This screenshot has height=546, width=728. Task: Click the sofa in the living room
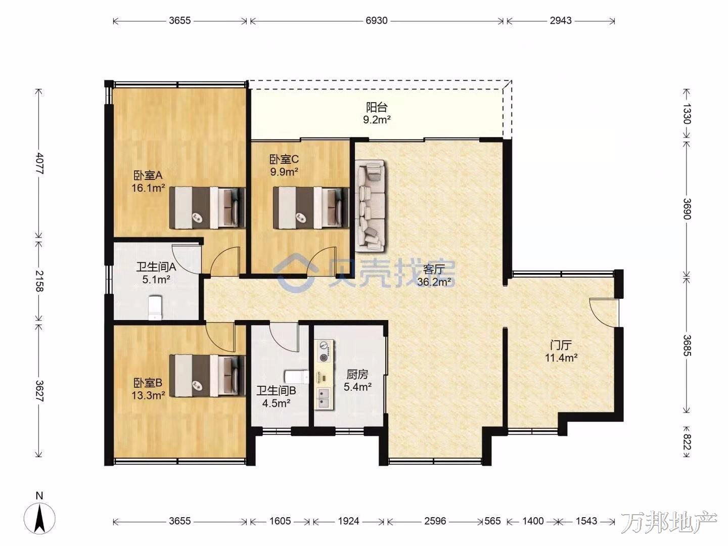(x=370, y=206)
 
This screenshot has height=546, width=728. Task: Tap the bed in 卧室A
(x=207, y=208)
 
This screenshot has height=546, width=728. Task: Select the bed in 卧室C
(x=311, y=208)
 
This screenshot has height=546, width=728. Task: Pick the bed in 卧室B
(x=207, y=375)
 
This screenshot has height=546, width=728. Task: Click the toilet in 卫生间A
(x=155, y=308)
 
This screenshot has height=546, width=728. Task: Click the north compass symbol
(x=40, y=518)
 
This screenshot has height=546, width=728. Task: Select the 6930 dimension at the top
(x=377, y=21)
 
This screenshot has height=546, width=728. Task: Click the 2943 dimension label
(x=561, y=21)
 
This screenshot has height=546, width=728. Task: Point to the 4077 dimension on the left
(x=39, y=163)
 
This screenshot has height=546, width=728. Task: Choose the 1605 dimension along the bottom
(x=280, y=521)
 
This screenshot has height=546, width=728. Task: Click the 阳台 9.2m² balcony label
(x=377, y=113)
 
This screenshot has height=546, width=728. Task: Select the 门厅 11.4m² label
(x=561, y=351)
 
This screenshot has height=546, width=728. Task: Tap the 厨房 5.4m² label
(x=357, y=380)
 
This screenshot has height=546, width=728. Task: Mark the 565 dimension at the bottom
(x=492, y=521)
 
